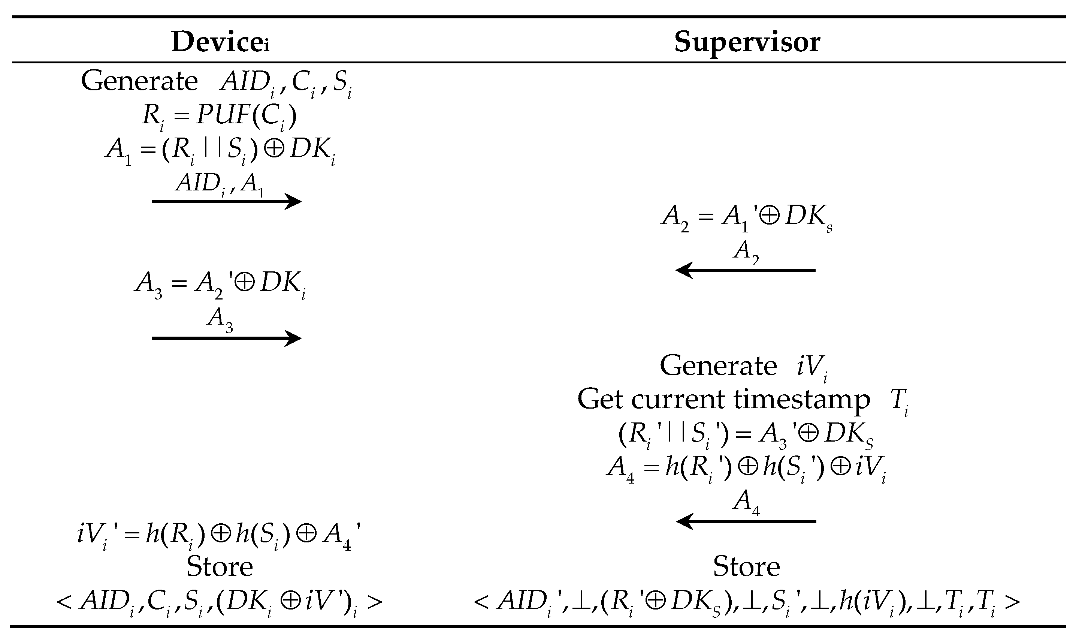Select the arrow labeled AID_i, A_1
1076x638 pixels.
[226, 201]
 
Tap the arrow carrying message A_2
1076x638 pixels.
[746, 270]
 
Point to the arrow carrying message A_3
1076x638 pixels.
[226, 338]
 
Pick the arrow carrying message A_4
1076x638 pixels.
[746, 521]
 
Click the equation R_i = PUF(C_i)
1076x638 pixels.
[219, 116]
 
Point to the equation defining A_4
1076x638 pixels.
[747, 469]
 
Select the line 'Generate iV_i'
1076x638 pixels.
[743, 366]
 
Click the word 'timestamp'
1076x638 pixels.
[801, 400]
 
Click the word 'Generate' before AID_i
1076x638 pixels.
[139, 81]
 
